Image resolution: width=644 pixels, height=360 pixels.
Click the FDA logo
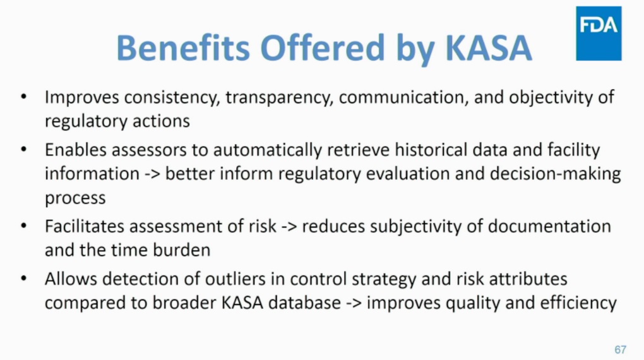click(599, 33)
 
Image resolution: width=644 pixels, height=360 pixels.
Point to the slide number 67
click(620, 350)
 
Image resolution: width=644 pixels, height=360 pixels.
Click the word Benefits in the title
click(183, 47)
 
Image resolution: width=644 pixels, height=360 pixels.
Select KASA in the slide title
click(489, 48)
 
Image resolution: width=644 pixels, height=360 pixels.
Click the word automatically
click(267, 150)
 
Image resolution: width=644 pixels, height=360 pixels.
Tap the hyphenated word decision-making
click(555, 174)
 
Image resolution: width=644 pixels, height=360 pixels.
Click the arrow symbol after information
click(152, 174)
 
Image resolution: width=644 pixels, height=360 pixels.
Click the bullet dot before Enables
click(23, 149)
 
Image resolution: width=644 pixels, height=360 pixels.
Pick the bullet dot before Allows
click(23, 279)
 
